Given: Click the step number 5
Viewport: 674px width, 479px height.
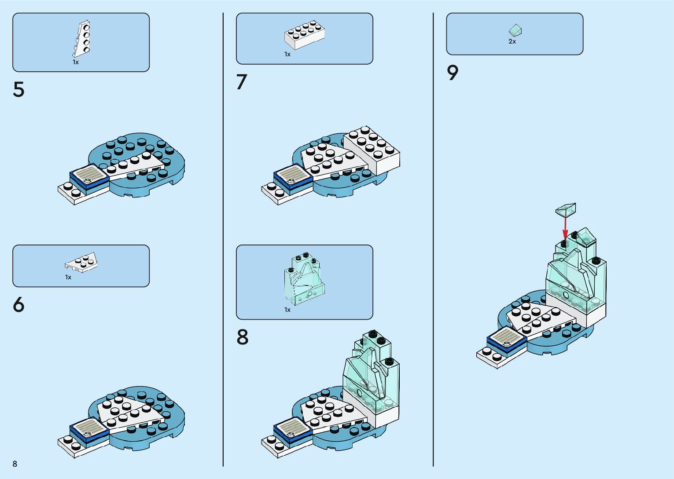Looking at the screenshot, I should [x=18, y=90].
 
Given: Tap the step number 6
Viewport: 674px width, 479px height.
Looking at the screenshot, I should [x=18, y=305].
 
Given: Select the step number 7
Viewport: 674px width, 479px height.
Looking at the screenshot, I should [x=242, y=82].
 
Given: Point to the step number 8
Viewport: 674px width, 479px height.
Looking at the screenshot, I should [x=243, y=337].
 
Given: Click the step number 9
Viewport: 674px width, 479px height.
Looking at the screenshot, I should [x=453, y=73].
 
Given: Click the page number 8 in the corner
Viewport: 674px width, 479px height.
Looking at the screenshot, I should [x=15, y=464].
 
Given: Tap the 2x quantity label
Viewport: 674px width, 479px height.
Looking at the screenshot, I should [x=512, y=41].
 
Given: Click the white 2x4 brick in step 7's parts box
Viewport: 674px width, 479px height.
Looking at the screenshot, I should [x=305, y=34].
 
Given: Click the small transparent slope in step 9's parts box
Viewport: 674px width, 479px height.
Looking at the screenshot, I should [x=515, y=30].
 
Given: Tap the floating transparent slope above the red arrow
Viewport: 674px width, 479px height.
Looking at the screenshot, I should [x=566, y=209].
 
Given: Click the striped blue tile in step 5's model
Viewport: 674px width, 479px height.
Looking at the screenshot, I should [x=89, y=175].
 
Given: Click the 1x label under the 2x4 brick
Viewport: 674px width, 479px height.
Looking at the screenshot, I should [x=287, y=54].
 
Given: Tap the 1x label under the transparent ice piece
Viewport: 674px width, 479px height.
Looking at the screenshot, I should [x=287, y=310].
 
